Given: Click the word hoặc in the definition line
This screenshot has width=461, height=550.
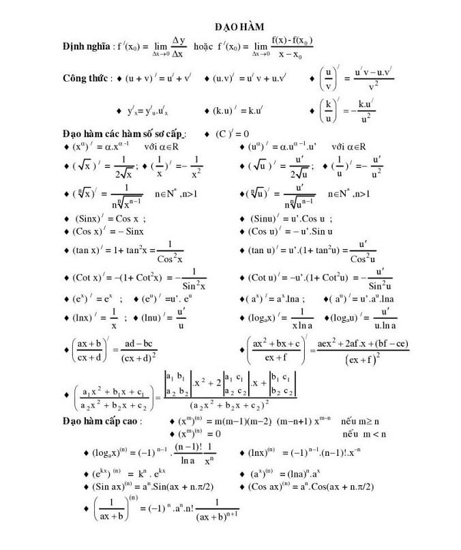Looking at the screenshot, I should pyautogui.click(x=205, y=46).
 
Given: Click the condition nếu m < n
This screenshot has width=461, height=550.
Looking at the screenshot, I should pyautogui.click(x=366, y=433).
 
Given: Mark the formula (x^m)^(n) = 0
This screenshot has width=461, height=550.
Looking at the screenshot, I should pyautogui.click(x=198, y=433).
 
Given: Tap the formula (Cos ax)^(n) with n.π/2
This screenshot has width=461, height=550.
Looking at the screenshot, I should pyautogui.click(x=311, y=486).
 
